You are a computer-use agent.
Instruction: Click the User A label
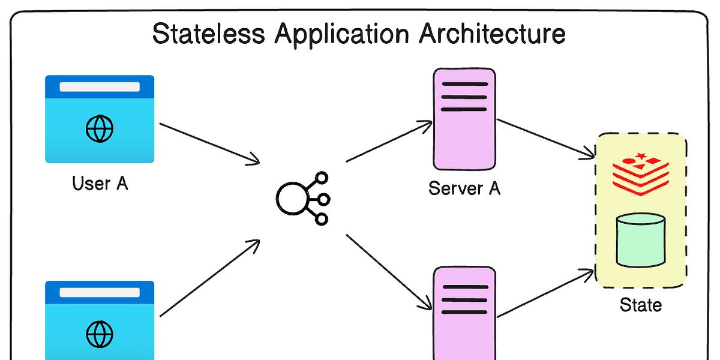tap(100, 182)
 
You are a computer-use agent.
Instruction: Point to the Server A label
tap(464, 188)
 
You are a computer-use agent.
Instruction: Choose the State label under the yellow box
tap(641, 305)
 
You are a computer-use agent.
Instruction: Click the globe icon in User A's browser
tap(100, 128)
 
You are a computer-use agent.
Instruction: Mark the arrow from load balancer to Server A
tap(389, 142)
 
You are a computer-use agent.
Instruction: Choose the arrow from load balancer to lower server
tap(389, 271)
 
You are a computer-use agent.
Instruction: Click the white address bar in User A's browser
tap(100, 86)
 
